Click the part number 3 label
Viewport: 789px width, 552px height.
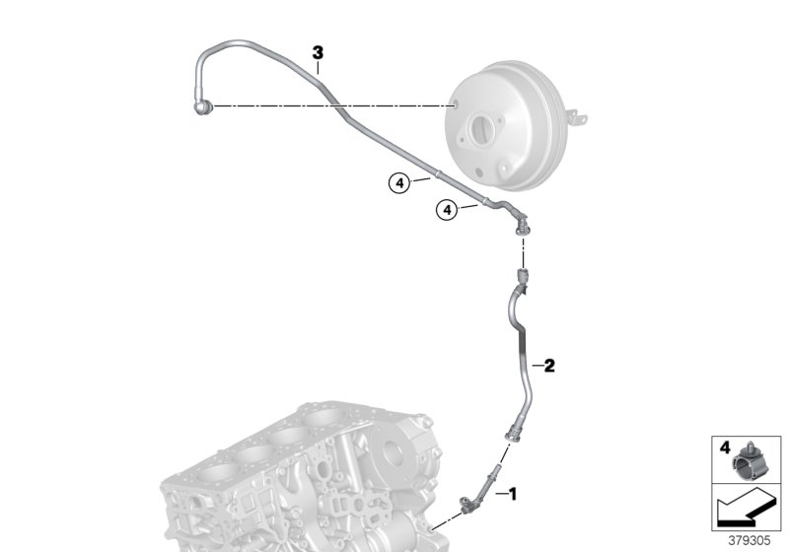[x=318, y=52]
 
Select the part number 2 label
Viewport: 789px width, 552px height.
[x=550, y=366]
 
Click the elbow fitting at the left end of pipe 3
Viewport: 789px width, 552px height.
[x=203, y=105]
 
